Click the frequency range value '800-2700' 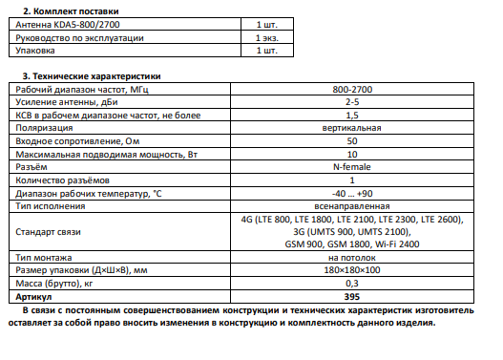pos(352,89)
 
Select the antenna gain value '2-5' pos(352,101)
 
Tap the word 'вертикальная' pos(352,127)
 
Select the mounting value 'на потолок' pos(352,258)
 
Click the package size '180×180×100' pos(352,270)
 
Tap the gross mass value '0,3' pos(352,284)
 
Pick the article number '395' pos(352,297)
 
